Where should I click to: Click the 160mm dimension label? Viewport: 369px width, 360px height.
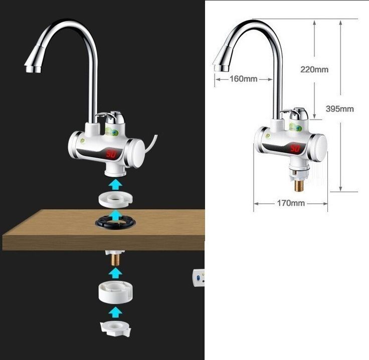(243, 79)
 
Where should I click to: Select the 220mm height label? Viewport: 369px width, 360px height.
(314, 70)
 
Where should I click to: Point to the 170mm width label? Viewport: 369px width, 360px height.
(291, 203)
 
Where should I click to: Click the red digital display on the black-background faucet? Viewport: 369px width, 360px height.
(111, 155)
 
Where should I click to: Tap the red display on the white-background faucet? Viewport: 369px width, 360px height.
(295, 148)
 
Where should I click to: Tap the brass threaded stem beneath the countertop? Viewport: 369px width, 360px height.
(115, 259)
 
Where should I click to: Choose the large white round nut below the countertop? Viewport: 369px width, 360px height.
(115, 292)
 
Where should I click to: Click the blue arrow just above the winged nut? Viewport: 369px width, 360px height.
(115, 312)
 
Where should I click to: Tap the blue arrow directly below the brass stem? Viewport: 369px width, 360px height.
(115, 272)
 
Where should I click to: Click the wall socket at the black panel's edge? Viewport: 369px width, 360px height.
(199, 277)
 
